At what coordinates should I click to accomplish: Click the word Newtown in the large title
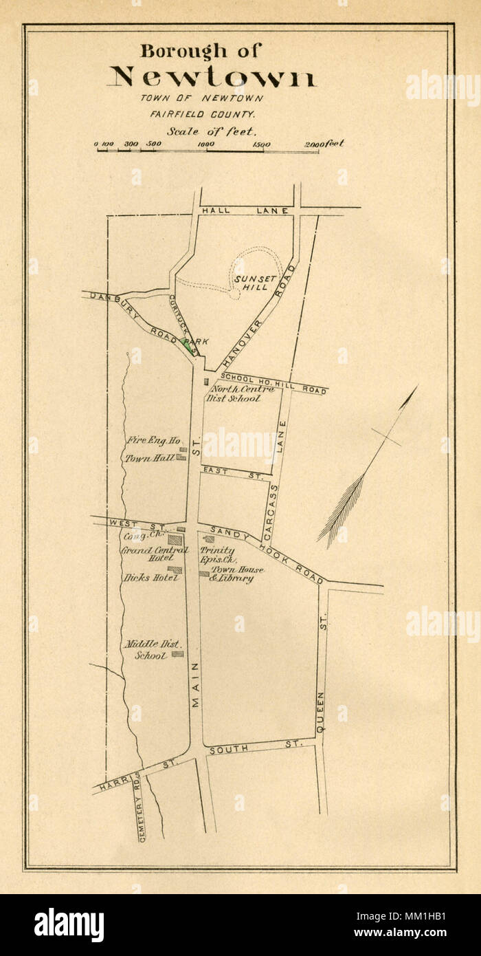(212, 77)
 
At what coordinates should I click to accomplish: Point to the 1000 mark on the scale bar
(206, 144)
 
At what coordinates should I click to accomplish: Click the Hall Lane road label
(245, 210)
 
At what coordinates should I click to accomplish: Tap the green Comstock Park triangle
(187, 345)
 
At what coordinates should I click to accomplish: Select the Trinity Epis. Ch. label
(217, 555)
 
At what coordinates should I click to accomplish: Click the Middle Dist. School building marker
(177, 654)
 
